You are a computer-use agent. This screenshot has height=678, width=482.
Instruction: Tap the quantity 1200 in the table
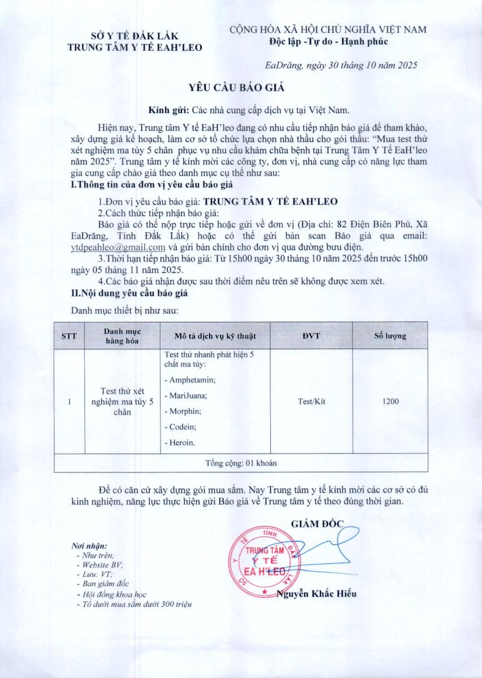pos(390,401)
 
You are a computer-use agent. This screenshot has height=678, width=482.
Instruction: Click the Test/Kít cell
pos(311,401)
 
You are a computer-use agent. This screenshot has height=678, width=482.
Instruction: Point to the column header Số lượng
pos(390,336)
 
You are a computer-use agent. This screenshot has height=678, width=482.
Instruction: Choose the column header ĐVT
pos(311,336)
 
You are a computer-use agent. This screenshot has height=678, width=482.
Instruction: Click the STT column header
pos(69,336)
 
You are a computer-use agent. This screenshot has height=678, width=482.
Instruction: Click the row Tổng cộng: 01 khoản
pos(241,463)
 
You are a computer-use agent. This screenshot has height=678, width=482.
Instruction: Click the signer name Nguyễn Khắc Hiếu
pos(316,594)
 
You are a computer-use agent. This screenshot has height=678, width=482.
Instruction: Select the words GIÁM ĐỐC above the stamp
pos(317,524)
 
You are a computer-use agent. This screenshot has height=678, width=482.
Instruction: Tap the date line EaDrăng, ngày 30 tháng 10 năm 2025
pos(341,65)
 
